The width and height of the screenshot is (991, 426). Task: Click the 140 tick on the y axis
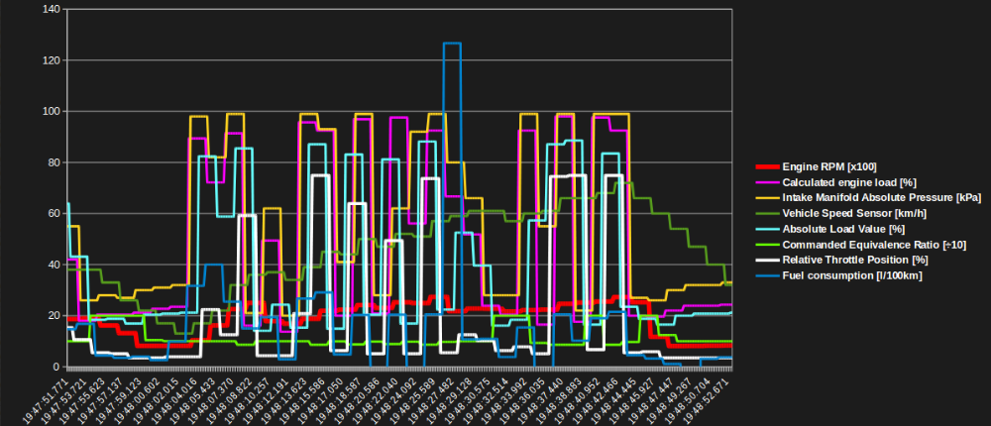(x=50, y=9)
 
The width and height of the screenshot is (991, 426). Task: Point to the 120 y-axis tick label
(x=50, y=60)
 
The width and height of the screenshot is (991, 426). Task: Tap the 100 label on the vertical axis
(x=50, y=111)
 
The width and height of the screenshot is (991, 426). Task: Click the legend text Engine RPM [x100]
(x=829, y=166)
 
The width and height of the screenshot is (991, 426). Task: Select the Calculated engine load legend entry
(x=840, y=182)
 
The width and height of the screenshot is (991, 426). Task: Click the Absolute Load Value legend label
(x=837, y=229)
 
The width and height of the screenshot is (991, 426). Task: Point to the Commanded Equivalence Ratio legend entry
(x=859, y=244)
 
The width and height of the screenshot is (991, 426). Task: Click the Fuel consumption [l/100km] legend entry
(x=852, y=274)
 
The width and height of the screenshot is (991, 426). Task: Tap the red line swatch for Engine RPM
(x=768, y=166)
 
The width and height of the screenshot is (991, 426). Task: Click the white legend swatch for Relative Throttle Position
(x=768, y=260)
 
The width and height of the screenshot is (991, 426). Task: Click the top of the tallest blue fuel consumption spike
(x=452, y=44)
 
